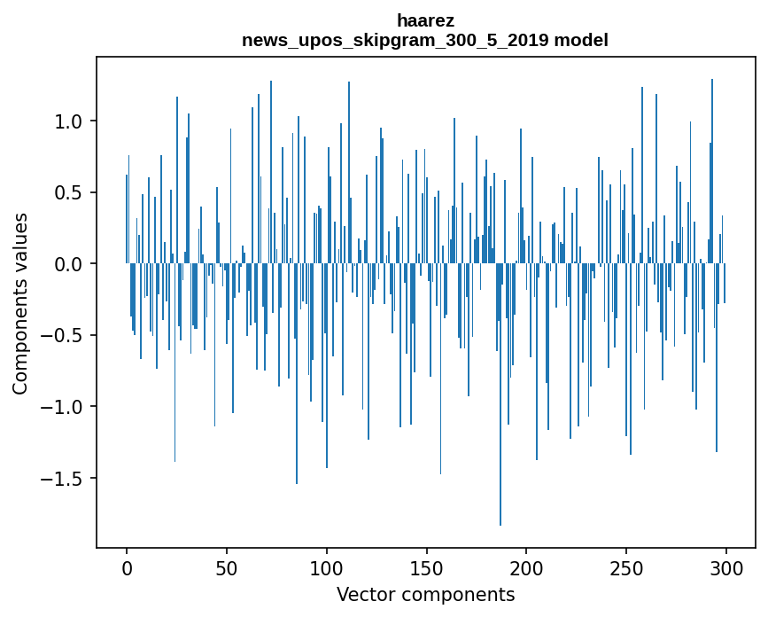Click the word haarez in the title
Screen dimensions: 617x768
click(425, 20)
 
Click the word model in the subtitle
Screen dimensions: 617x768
click(581, 40)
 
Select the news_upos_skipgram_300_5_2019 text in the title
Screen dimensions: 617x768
click(396, 40)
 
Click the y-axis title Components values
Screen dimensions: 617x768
click(20, 302)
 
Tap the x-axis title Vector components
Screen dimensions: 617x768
click(425, 594)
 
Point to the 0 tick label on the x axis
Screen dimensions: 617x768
click(127, 567)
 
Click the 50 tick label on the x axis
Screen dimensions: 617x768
click(227, 567)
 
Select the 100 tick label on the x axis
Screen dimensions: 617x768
click(327, 567)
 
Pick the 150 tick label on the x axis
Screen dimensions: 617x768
click(426, 567)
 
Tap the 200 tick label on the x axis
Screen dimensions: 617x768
click(526, 567)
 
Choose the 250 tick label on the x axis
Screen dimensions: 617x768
click(626, 567)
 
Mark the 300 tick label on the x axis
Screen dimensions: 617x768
click(726, 567)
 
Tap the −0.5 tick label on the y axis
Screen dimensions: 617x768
click(66, 336)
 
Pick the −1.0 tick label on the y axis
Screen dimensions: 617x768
click(66, 407)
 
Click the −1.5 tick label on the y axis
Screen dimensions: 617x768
click(66, 479)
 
